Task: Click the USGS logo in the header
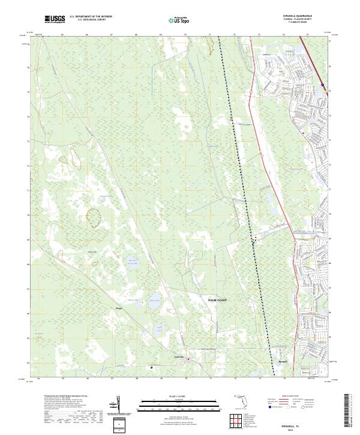click(x=54, y=20)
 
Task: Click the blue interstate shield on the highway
click(x=323, y=86)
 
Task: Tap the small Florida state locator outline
click(x=241, y=400)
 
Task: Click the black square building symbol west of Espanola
click(x=152, y=367)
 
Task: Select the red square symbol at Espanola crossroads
click(x=188, y=360)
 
